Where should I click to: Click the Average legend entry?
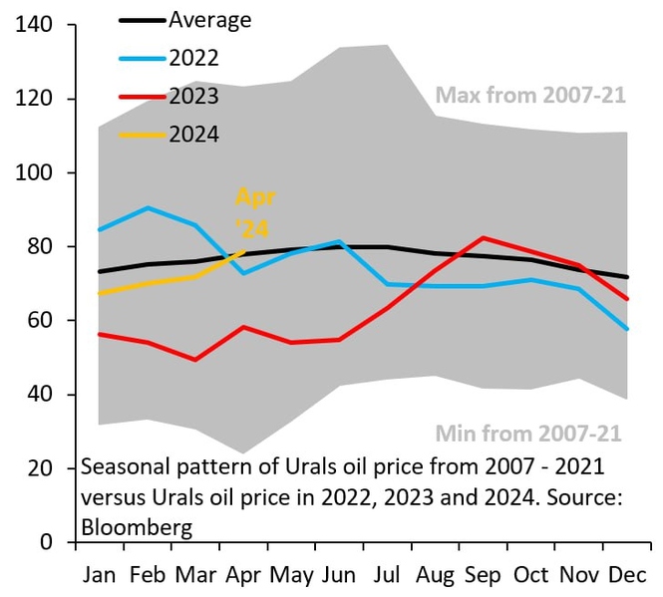pos(209,19)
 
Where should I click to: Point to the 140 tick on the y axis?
pos(37,25)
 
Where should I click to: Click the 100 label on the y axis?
pos(37,172)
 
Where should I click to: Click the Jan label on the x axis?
pos(98,576)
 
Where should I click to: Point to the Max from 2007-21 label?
pos(530,96)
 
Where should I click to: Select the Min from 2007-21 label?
pos(527,434)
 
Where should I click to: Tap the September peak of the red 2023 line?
pos(483,237)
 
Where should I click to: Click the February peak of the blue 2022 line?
pos(148,207)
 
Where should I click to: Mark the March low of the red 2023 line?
pos(195,360)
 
